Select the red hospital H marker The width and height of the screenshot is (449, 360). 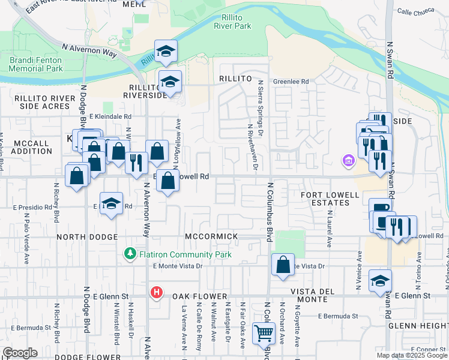coord(156,293)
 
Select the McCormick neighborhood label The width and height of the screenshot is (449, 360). coord(211,236)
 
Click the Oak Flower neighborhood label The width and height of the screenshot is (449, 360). coord(198,296)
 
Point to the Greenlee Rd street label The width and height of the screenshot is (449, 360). coord(291,82)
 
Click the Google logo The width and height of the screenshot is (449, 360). coord(20,353)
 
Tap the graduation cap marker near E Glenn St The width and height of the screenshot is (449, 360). coord(379,282)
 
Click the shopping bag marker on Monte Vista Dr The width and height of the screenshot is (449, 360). coord(283,265)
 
